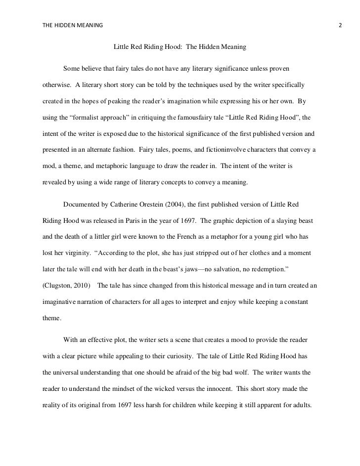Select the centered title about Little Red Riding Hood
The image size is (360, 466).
(x=180, y=48)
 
